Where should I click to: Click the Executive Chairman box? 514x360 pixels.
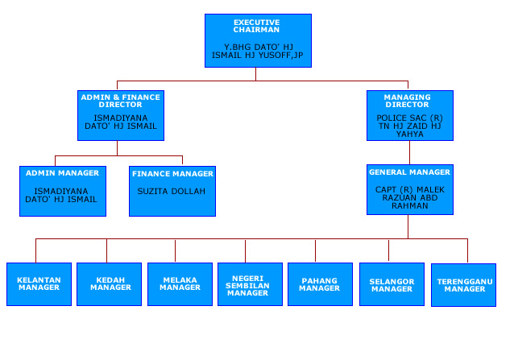point(258,40)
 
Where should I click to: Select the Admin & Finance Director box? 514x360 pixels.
point(121,115)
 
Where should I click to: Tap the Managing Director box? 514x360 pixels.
point(410,115)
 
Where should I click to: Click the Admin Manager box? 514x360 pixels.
point(63,191)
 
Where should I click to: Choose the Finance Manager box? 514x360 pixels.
point(172,191)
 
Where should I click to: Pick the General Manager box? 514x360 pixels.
point(410,189)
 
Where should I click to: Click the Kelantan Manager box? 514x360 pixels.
point(39,284)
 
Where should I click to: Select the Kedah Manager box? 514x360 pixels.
point(109,284)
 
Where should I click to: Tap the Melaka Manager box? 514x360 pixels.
point(180,284)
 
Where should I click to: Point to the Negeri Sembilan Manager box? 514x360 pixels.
point(250,284)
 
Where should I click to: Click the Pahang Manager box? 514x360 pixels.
point(321,284)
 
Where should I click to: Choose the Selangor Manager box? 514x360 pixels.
point(392,284)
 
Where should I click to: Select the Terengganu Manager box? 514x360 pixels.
point(463,285)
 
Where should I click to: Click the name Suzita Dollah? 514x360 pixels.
point(171,191)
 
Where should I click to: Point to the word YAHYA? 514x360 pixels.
point(410,134)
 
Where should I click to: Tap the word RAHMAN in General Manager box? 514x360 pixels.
point(410,205)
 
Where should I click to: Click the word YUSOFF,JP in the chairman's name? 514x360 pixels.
point(280,56)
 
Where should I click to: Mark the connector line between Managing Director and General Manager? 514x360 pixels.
point(409,153)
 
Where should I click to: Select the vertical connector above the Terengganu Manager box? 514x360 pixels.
point(467,251)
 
